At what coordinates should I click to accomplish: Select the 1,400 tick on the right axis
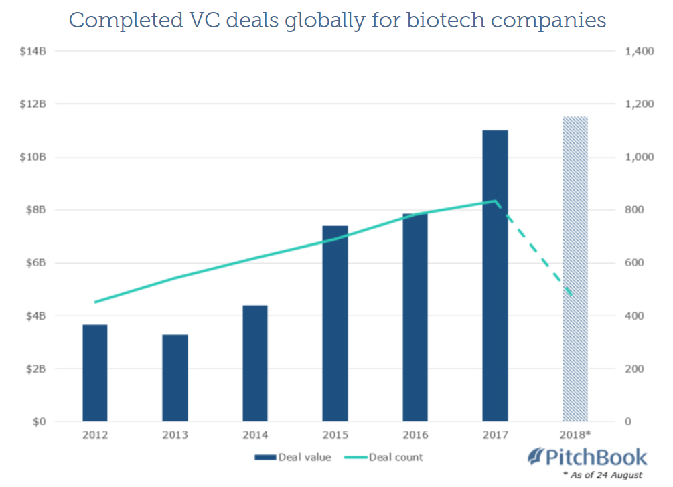click(639, 52)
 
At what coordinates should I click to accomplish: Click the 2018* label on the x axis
click(575, 434)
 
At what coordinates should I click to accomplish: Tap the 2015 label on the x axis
click(335, 434)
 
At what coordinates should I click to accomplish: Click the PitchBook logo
click(589, 458)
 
